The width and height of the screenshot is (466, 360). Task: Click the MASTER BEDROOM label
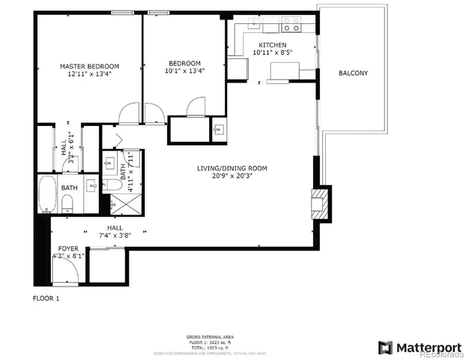89,66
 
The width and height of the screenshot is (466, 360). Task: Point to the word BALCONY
352,73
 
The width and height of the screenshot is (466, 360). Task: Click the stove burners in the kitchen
291,28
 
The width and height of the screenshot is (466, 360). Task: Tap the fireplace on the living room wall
320,203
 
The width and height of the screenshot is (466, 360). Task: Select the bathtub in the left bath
45,193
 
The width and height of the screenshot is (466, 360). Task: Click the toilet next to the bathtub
67,201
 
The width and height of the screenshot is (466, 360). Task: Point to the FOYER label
67,247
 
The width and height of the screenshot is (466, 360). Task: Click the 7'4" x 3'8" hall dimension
114,235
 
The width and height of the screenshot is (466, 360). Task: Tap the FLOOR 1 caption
46,298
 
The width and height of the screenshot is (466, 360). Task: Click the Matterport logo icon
385,347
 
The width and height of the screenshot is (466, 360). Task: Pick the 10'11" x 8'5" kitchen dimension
272,52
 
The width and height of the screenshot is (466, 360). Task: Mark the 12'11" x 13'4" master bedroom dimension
89,73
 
